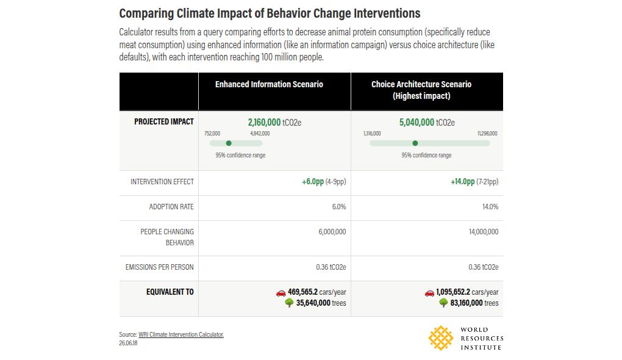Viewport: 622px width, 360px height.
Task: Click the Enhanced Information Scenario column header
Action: pyautogui.click(x=269, y=84)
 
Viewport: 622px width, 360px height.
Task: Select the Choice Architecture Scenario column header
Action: pyautogui.click(x=421, y=90)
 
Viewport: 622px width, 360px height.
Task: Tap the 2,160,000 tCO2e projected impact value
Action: pyautogui.click(x=274, y=122)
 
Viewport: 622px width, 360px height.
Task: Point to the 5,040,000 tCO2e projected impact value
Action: pyautogui.click(x=427, y=122)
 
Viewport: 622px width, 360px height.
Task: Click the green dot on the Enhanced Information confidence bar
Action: pyautogui.click(x=229, y=143)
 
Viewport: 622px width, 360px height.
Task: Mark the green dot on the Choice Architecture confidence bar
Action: pyautogui.click(x=415, y=143)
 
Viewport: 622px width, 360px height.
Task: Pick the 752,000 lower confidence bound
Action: pyautogui.click(x=212, y=134)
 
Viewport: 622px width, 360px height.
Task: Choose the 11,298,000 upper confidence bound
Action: pyautogui.click(x=487, y=134)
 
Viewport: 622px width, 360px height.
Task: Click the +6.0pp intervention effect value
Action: pyautogui.click(x=313, y=181)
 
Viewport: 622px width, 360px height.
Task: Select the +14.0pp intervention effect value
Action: pyautogui.click(x=462, y=181)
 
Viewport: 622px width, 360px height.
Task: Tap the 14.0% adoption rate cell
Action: pyautogui.click(x=490, y=207)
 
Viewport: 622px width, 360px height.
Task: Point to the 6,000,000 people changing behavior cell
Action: pyautogui.click(x=332, y=232)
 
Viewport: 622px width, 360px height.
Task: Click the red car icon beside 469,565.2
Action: pyautogui.click(x=281, y=293)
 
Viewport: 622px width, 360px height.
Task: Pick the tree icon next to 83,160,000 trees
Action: pyautogui.click(x=443, y=303)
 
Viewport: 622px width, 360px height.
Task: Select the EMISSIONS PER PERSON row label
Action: pyautogui.click(x=160, y=267)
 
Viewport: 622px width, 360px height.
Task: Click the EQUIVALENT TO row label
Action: pyautogui.click(x=170, y=292)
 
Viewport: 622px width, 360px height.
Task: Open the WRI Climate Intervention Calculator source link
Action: pyautogui.click(x=181, y=334)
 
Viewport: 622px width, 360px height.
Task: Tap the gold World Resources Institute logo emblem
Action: pyautogui.click(x=441, y=338)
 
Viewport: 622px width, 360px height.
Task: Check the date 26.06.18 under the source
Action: pyautogui.click(x=128, y=343)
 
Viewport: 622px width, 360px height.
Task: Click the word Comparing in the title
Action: pyautogui.click(x=146, y=13)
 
